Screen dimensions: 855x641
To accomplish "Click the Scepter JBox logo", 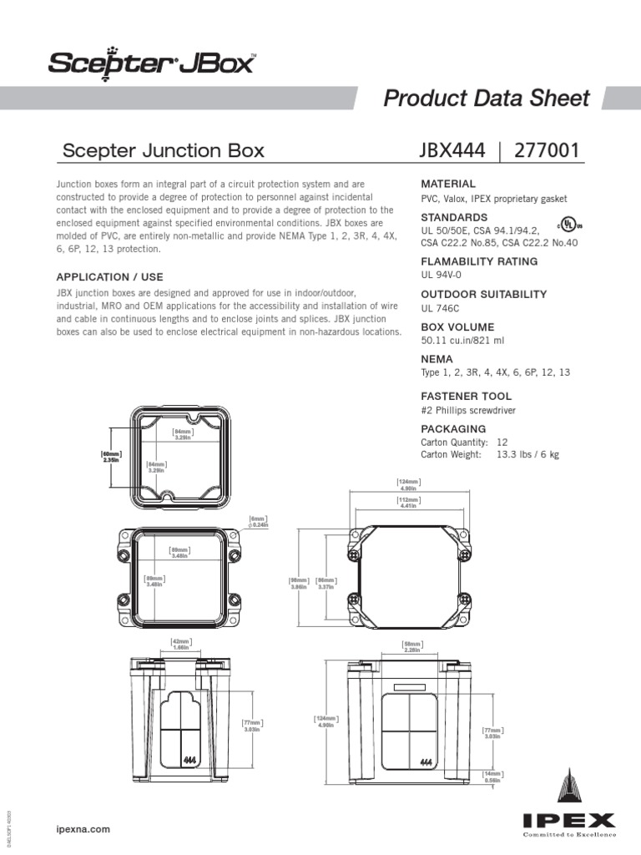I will tap(150, 62).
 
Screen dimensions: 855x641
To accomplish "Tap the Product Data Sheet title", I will tap(486, 98).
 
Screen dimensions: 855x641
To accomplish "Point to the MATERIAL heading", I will tap(448, 184).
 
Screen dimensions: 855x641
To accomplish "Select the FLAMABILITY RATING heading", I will tap(479, 261).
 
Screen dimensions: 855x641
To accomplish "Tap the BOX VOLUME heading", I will tap(457, 327).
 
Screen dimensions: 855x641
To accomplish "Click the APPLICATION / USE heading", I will tap(109, 276).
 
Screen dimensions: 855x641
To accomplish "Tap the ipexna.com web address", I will tap(83, 829).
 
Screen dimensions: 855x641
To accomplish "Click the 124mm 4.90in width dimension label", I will tap(408, 485).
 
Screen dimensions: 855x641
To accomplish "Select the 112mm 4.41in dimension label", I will tap(408, 502).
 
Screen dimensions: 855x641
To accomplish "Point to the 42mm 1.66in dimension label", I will tap(180, 644).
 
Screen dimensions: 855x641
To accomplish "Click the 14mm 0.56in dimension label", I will tap(492, 777).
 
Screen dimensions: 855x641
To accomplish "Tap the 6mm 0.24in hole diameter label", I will tap(259, 522).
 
